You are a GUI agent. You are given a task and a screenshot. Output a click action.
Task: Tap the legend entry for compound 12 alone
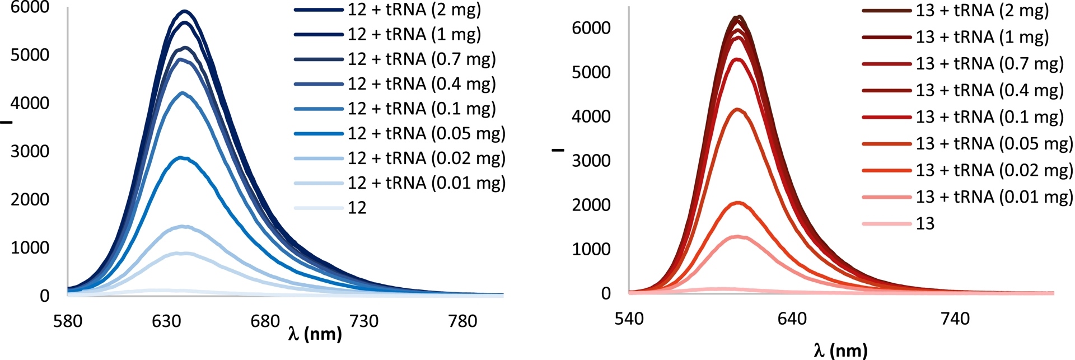(x=357, y=208)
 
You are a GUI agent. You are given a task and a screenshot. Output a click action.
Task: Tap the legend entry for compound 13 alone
(x=925, y=223)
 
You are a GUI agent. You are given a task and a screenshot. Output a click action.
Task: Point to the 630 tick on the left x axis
(x=166, y=321)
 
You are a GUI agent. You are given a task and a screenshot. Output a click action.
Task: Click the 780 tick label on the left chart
(x=463, y=321)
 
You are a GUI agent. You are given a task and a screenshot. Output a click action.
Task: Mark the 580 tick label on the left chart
(x=68, y=321)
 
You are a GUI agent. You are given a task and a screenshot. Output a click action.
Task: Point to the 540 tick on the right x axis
(x=629, y=319)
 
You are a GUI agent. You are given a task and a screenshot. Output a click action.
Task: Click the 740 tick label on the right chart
(x=955, y=319)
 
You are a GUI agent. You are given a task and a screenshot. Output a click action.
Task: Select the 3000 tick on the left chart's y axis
(x=30, y=151)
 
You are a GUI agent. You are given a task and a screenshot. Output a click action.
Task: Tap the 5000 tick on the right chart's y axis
(x=591, y=72)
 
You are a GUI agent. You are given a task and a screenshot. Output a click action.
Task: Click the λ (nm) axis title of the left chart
(x=315, y=334)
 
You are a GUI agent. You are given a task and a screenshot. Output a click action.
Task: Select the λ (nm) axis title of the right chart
(x=840, y=350)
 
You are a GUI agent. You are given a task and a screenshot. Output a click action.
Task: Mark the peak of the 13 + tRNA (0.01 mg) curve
(x=739, y=236)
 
